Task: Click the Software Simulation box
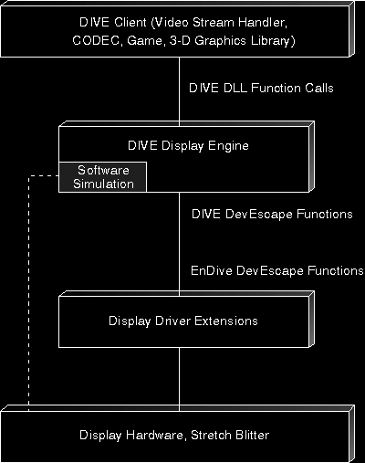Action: (103, 177)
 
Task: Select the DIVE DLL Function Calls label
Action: (261, 88)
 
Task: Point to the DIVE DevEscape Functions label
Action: (272, 214)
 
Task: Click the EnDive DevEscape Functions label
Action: (277, 270)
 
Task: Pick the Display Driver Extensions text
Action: (183, 321)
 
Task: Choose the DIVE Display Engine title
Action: (188, 145)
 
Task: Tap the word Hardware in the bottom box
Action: (155, 435)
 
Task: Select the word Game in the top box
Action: (145, 41)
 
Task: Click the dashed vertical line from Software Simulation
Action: (29, 293)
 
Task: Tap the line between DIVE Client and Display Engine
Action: (179, 91)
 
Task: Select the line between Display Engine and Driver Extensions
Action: (179, 244)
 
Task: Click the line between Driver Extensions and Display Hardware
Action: (179, 379)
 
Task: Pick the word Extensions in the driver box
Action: (226, 321)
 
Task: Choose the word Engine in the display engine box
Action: (228, 146)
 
